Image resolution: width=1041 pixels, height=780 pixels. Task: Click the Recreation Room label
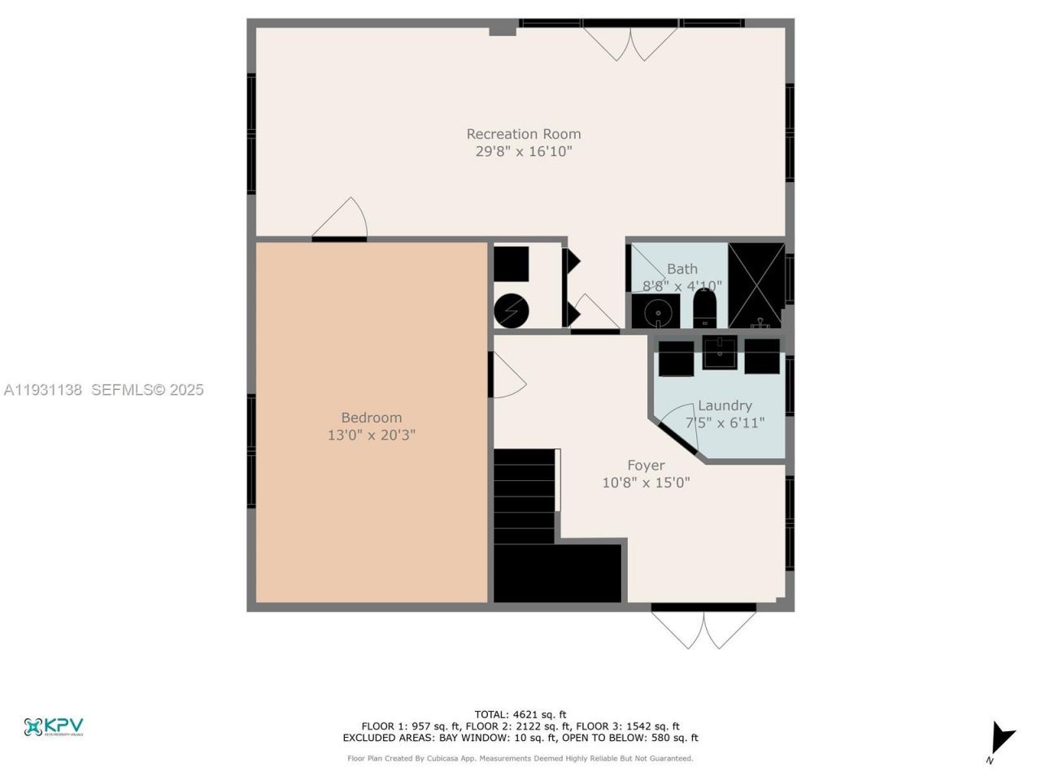pos(524,134)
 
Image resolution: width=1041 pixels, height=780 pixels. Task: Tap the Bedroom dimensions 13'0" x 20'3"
pos(372,435)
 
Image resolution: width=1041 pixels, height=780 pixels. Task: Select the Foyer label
pos(646,466)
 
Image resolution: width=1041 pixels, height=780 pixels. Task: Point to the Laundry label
pos(725,405)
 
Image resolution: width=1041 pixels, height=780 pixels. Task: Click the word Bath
pos(682,269)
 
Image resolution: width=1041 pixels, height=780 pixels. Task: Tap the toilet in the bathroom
pos(704,310)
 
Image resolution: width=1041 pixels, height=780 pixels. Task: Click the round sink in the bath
pos(656,311)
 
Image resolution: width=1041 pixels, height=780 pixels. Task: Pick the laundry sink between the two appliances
pos(720,353)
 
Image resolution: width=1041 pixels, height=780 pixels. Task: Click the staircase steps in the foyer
pos(525,496)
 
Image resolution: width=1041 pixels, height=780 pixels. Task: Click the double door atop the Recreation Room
pos(630,43)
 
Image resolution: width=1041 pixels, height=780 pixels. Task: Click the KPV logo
pos(54,726)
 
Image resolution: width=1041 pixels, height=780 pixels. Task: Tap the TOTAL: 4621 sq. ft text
pos(520,715)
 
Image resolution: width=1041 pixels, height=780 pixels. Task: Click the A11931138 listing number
pos(43,390)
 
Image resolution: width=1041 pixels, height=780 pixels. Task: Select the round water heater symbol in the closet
pos(512,311)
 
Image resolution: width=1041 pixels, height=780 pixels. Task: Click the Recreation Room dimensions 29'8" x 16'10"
pos(524,152)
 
